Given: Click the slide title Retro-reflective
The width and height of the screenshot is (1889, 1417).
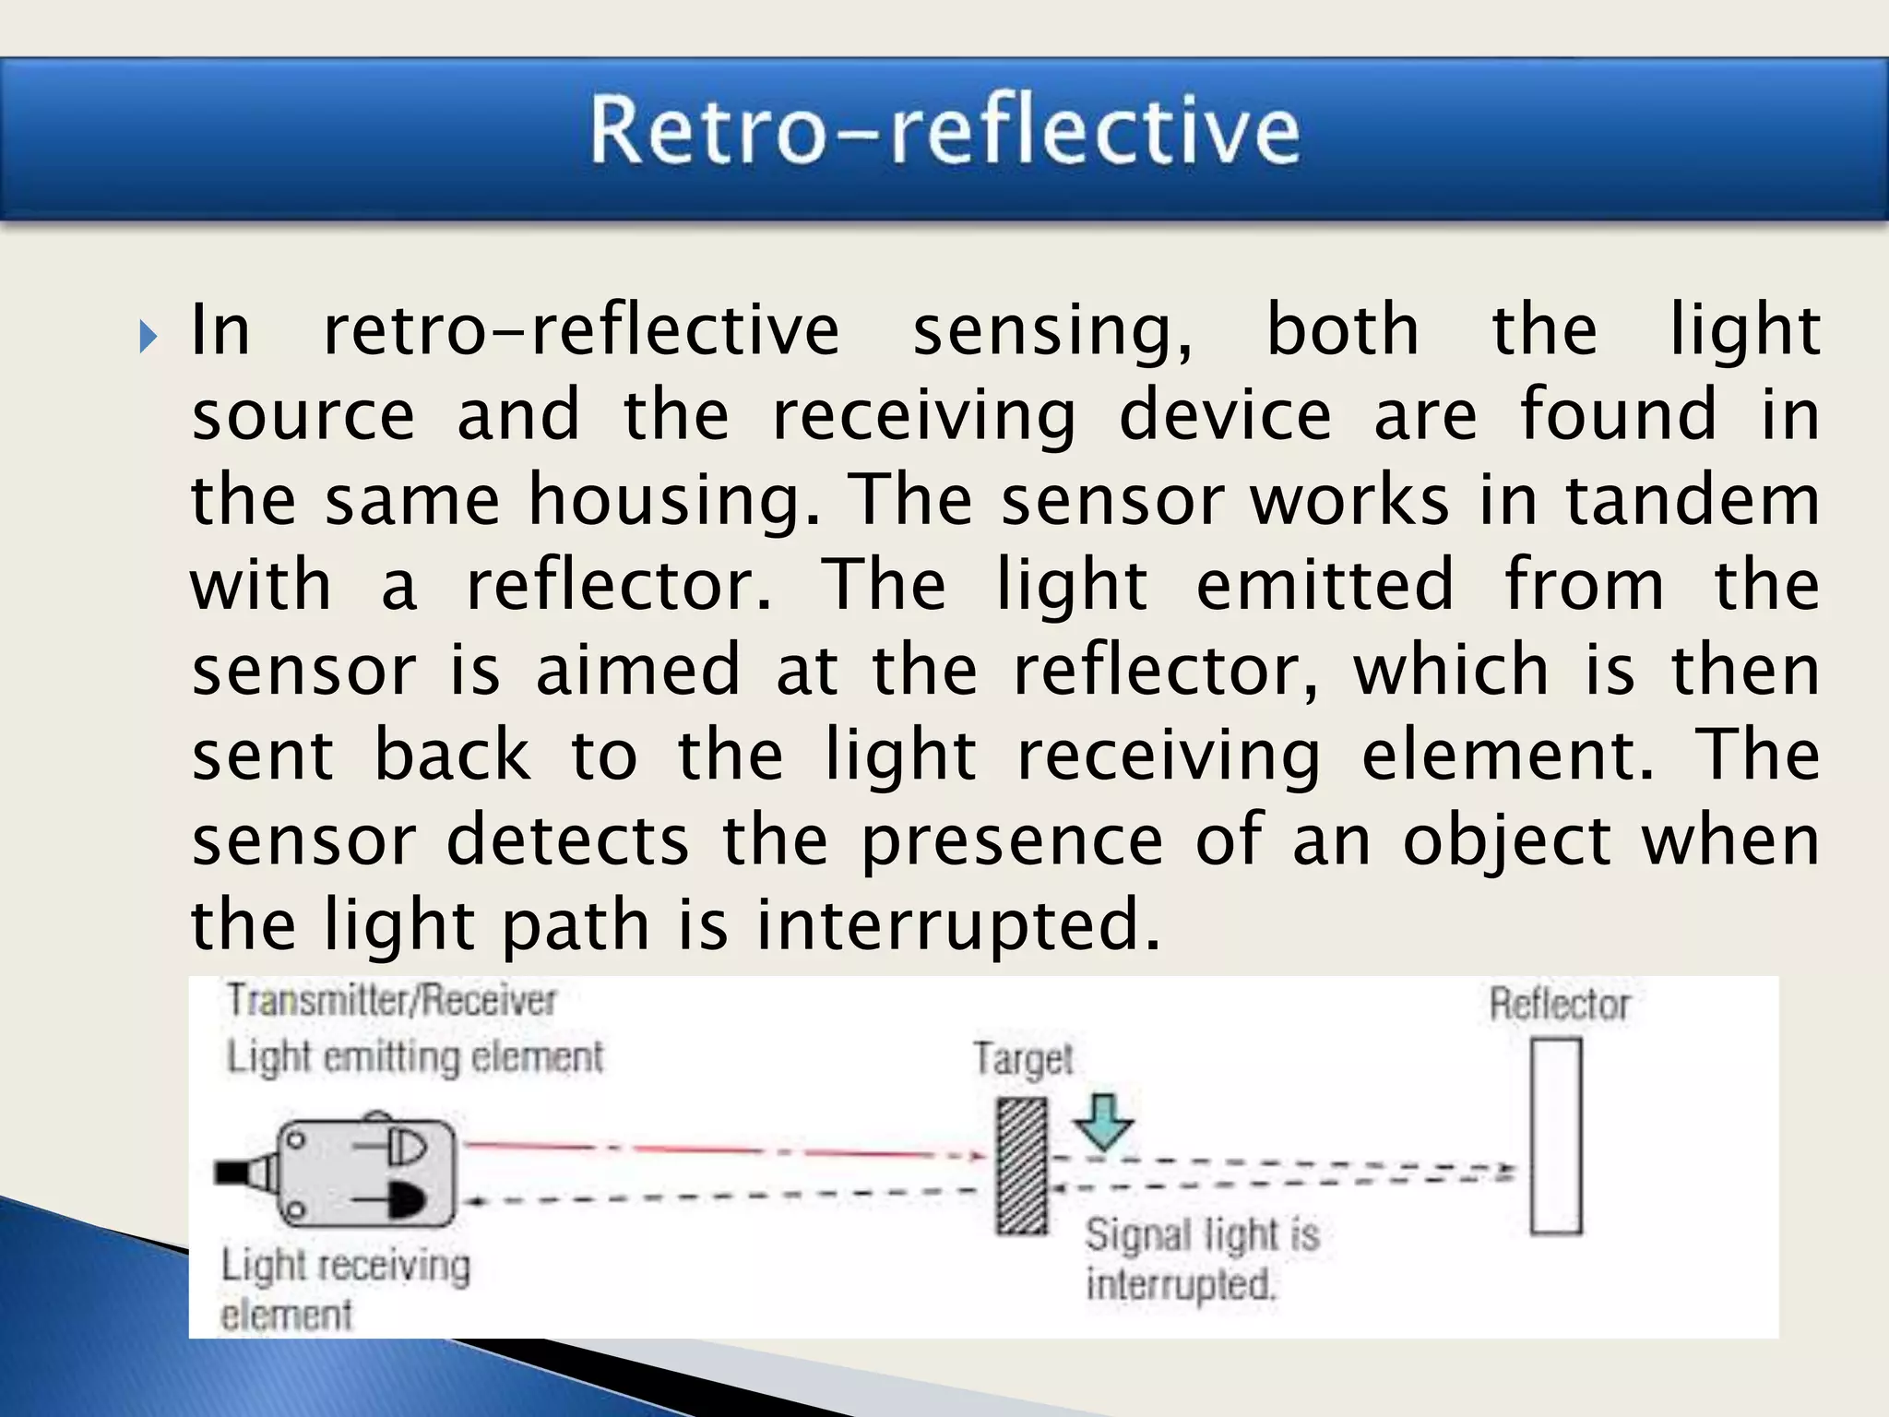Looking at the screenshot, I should pyautogui.click(x=944, y=131).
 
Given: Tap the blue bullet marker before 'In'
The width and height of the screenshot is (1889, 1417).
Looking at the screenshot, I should pyautogui.click(x=149, y=337).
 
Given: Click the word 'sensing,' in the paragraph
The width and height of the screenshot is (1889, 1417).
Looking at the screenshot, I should pyautogui.click(x=1052, y=330).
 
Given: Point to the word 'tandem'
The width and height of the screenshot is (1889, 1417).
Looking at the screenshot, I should pyautogui.click(x=1693, y=500).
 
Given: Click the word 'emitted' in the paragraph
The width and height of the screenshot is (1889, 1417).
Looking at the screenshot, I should pyautogui.click(x=1325, y=585).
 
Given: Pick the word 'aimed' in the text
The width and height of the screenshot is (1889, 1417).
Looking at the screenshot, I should pyautogui.click(x=638, y=670).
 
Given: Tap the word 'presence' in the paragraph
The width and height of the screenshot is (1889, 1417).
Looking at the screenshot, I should pyautogui.click(x=1012, y=841).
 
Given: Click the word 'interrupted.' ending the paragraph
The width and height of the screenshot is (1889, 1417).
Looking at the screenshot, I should pyautogui.click(x=958, y=925).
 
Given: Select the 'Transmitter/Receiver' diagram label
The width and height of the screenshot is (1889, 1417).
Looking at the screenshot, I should pyautogui.click(x=392, y=1001).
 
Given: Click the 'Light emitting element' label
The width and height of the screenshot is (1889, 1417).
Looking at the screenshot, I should pyautogui.click(x=415, y=1057).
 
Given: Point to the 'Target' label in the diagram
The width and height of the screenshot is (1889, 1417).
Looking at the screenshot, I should pyautogui.click(x=1023, y=1060).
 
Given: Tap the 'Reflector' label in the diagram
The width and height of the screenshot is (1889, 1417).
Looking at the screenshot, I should pyautogui.click(x=1560, y=1005).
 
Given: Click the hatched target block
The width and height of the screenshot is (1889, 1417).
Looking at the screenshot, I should pyautogui.click(x=1022, y=1166).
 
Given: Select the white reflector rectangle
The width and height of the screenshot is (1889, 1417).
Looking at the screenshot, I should pyautogui.click(x=1557, y=1136).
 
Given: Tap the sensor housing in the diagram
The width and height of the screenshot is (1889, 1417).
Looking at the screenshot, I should pyautogui.click(x=369, y=1173).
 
